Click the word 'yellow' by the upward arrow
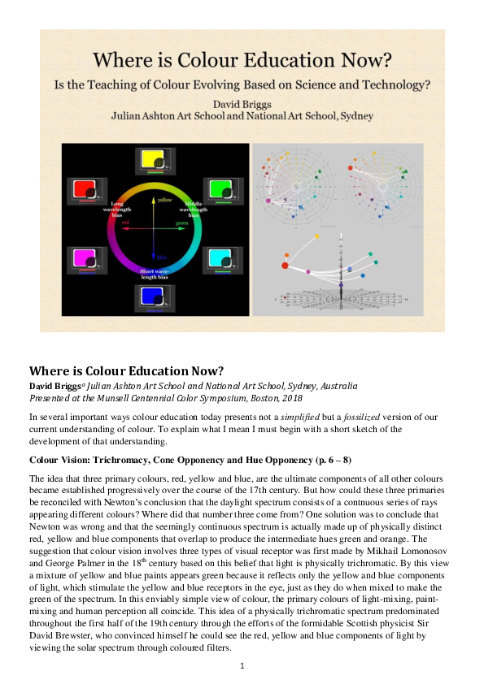[165, 199]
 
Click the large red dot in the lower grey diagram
[286, 265]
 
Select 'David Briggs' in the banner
[242, 104]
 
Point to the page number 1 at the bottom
[242, 666]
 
